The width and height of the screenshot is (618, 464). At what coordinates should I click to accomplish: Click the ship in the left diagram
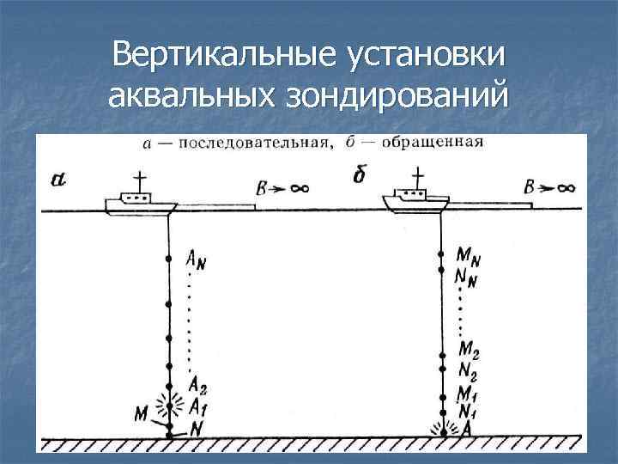pyautogui.click(x=142, y=200)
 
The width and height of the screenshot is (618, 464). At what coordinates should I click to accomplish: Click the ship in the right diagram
pyautogui.click(x=415, y=200)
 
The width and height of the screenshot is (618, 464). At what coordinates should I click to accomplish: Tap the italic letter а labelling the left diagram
pyautogui.click(x=58, y=180)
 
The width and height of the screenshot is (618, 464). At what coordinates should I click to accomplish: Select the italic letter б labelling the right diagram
pyautogui.click(x=360, y=176)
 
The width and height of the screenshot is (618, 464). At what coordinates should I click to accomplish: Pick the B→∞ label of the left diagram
pyautogui.click(x=282, y=187)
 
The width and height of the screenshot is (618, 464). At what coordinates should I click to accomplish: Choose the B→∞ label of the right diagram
pyautogui.click(x=549, y=187)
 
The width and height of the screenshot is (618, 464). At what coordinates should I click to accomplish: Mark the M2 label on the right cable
pyautogui.click(x=469, y=351)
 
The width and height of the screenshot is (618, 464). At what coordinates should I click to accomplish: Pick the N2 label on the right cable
pyautogui.click(x=469, y=371)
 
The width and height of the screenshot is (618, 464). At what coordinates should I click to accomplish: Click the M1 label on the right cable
pyautogui.click(x=469, y=393)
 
